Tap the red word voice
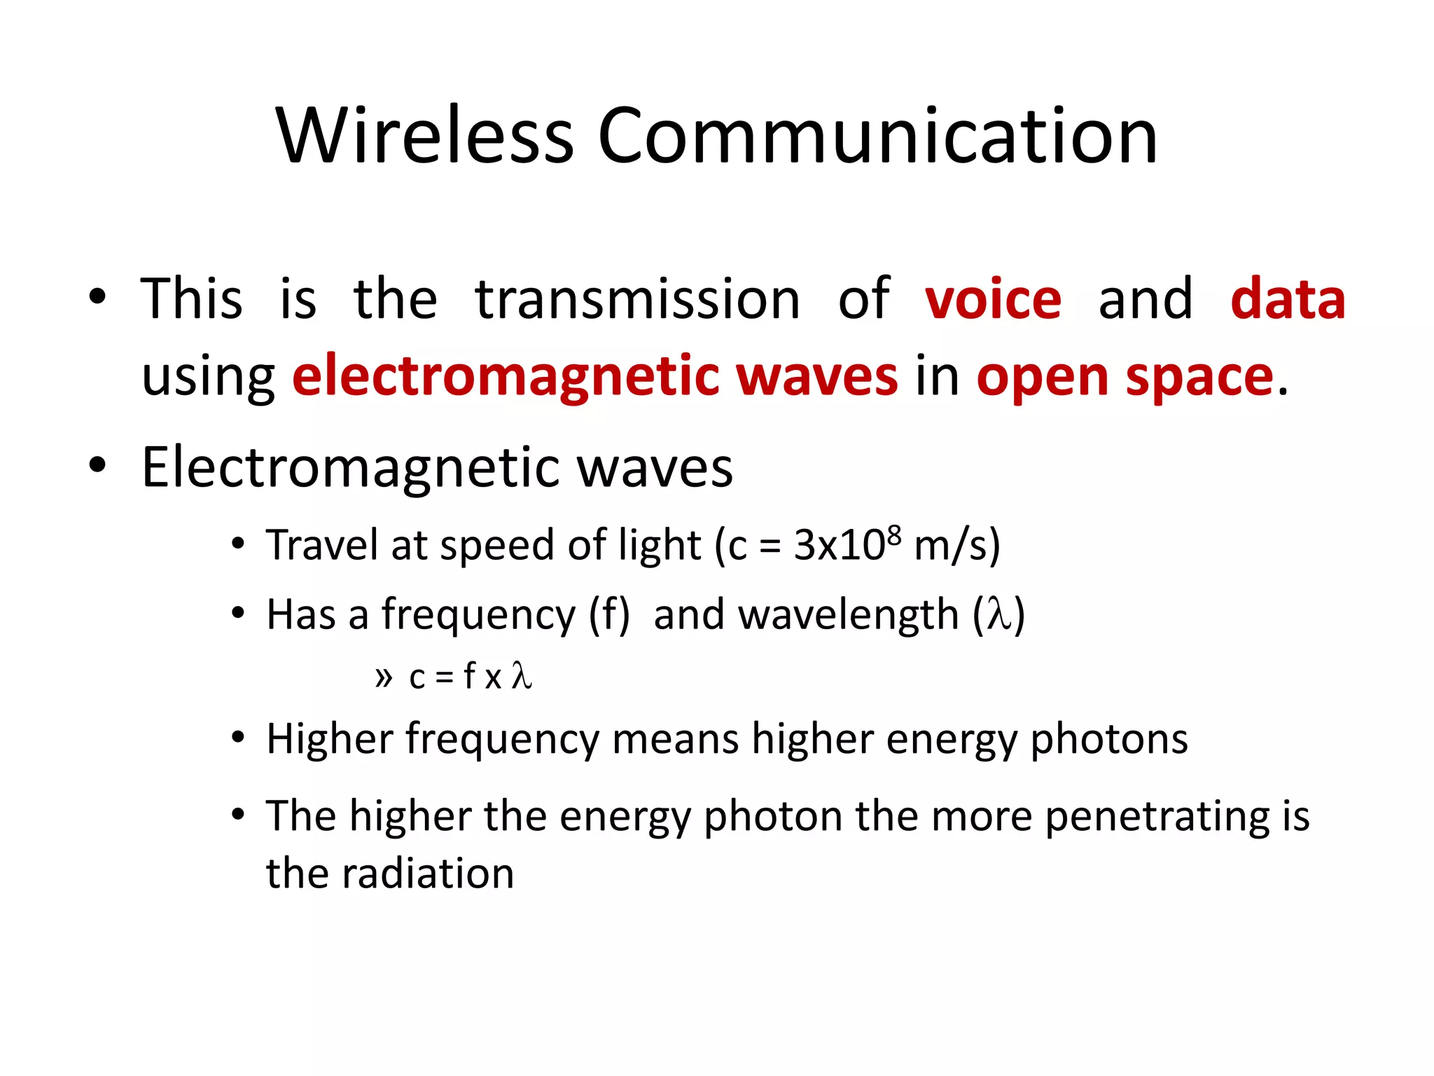(x=993, y=299)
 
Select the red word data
(x=1288, y=299)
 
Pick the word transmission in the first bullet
(x=637, y=299)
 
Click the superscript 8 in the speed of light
(x=893, y=534)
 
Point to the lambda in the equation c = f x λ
(x=521, y=676)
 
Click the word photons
(x=1109, y=740)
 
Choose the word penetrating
(x=1156, y=817)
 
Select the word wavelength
(x=848, y=615)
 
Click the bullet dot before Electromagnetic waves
(x=97, y=465)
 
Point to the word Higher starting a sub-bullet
(x=330, y=739)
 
